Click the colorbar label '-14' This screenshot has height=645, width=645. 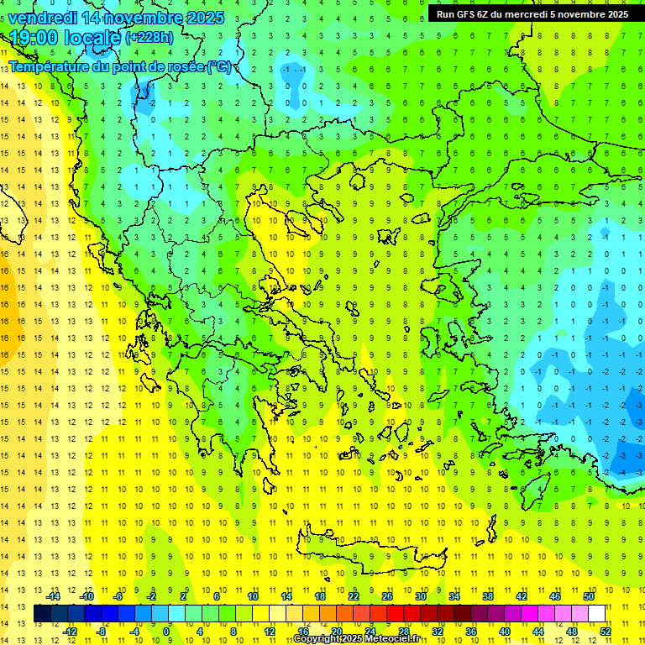[x=53, y=595]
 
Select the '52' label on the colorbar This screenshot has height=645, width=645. [x=606, y=631]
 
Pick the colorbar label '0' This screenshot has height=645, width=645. [x=167, y=631]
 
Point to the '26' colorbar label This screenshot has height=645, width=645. [x=387, y=595]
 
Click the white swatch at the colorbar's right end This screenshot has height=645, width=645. [x=597, y=613]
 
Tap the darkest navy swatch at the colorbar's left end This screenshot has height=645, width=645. [x=43, y=613]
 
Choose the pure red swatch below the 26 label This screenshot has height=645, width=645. [x=396, y=613]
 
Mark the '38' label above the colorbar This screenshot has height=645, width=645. [x=488, y=595]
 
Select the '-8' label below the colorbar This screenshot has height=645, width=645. [x=101, y=631]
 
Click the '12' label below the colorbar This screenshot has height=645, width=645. [x=270, y=631]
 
